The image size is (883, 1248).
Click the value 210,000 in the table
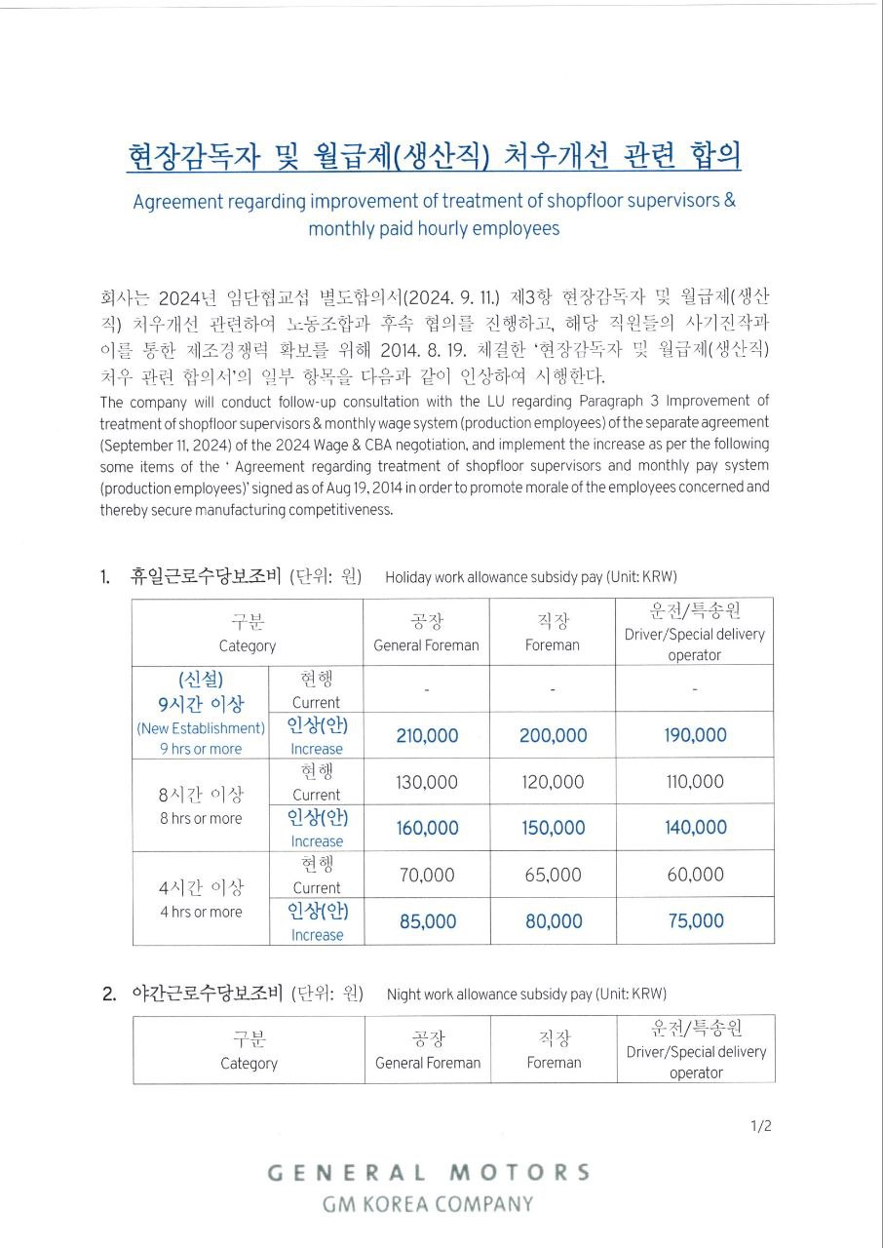(427, 735)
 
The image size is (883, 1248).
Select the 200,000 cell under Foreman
(553, 735)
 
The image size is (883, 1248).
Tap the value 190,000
(695, 735)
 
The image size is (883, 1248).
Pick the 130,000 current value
(427, 782)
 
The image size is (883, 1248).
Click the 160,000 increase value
(427, 828)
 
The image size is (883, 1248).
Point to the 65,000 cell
(553, 875)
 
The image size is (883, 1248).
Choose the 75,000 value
(695, 921)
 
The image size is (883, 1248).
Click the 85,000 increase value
(427, 921)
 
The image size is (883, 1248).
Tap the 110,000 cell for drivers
(695, 782)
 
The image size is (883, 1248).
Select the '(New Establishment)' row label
(201, 728)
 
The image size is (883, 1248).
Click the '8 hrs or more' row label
(201, 819)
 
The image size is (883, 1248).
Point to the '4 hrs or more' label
(201, 913)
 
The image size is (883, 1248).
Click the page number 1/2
(761, 1126)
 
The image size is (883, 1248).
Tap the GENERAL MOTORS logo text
(429, 1172)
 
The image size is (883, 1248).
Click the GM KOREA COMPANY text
(428, 1204)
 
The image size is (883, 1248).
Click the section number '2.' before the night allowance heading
(109, 994)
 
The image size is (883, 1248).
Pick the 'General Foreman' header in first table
(427, 644)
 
